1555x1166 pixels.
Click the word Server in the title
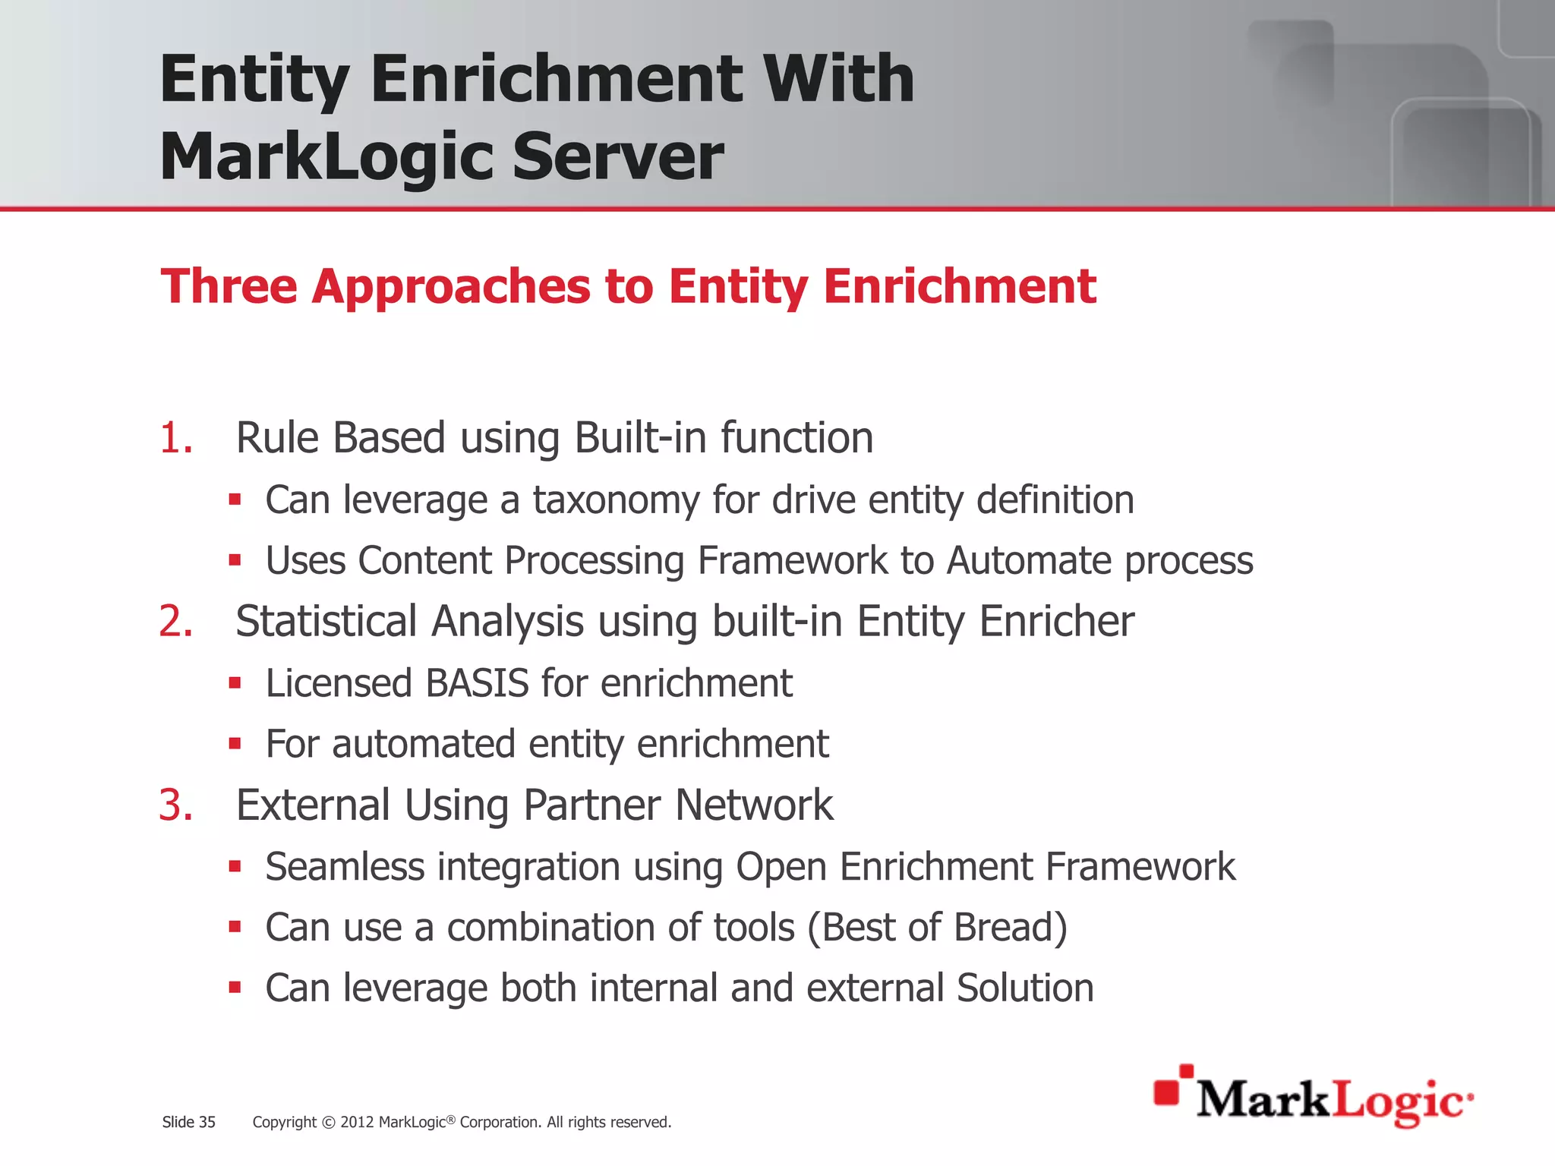pos(617,157)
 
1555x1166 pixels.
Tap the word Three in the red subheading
pos(229,286)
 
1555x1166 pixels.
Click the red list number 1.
pos(175,438)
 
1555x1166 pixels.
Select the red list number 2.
pos(175,621)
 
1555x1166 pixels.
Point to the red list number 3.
pos(175,805)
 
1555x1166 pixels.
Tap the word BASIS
pos(477,683)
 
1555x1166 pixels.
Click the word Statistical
pos(326,621)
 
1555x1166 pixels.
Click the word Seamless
pos(344,867)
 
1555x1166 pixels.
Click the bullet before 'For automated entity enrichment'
pos(235,744)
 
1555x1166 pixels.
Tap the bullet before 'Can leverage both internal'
pos(235,988)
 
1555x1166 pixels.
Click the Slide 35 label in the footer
pos(188,1122)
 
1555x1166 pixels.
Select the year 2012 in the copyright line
pos(357,1122)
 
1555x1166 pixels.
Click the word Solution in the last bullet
pos(1024,988)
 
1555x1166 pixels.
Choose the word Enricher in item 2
pos(1056,621)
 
